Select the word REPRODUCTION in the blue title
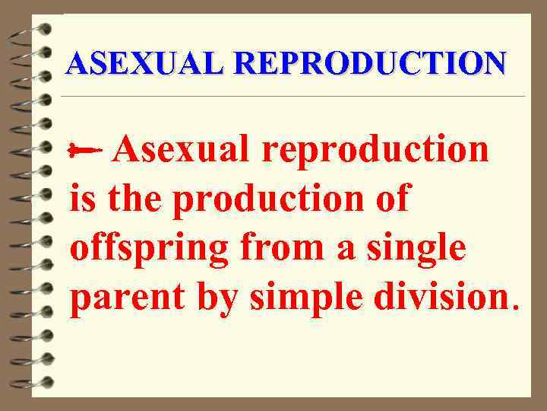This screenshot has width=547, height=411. click(x=364, y=63)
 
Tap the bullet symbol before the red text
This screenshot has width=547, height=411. click(x=84, y=151)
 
